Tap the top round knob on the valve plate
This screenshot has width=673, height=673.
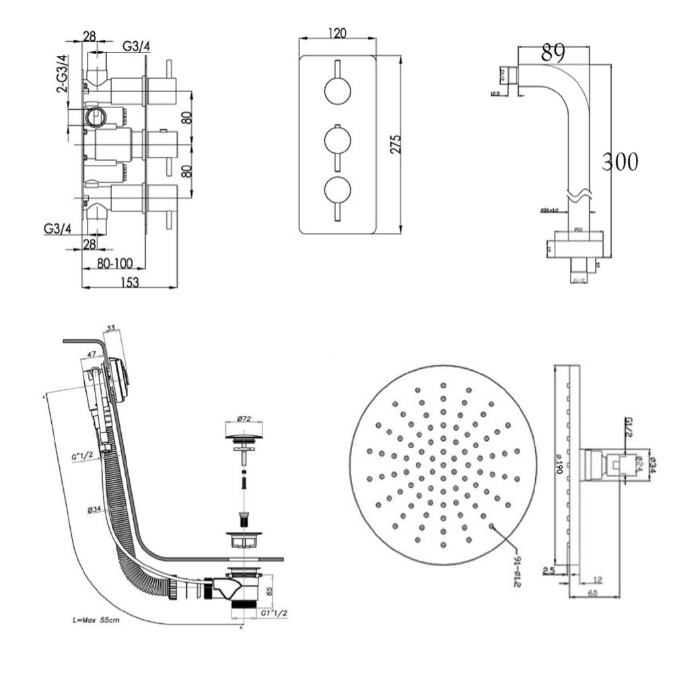pos(336,91)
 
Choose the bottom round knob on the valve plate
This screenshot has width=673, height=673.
pos(336,190)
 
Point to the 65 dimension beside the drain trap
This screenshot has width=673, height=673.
pos(269,592)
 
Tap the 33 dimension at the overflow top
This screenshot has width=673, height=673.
pos(112,328)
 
